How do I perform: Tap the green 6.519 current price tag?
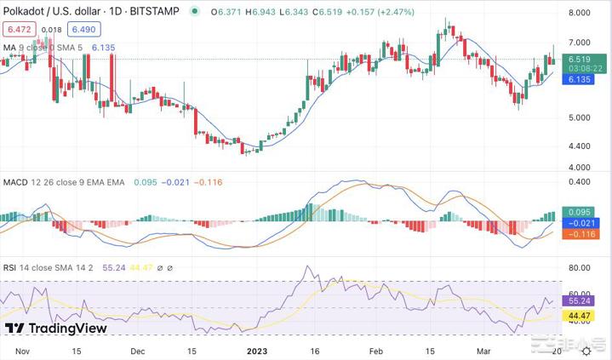pos(580,60)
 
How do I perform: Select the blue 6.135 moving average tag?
pos(580,79)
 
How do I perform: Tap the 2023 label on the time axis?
pos(256,350)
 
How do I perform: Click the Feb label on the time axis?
pos(375,350)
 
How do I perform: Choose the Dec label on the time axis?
pos(137,350)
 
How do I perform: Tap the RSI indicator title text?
pos(12,266)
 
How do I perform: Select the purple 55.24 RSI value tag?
pos(580,301)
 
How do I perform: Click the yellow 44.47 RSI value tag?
pos(580,315)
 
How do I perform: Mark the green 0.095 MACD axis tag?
pos(580,212)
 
